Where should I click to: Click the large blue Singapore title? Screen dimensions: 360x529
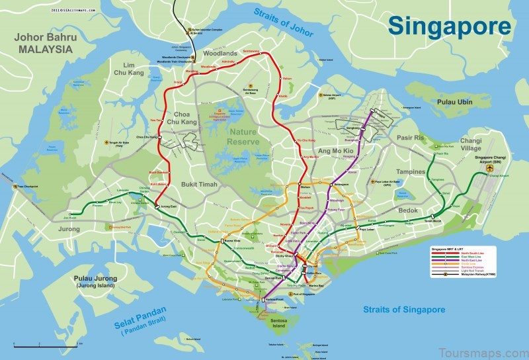coord(449,26)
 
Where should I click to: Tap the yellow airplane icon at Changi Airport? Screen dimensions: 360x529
coord(490,169)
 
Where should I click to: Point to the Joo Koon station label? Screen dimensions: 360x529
coord(69,216)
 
